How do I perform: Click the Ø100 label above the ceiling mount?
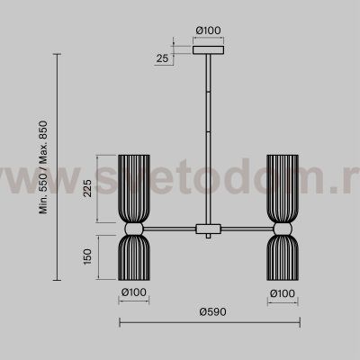click(x=208, y=31)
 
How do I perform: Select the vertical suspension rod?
click(x=208, y=135)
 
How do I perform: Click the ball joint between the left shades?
click(x=133, y=228)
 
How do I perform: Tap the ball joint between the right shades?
click(x=283, y=228)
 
